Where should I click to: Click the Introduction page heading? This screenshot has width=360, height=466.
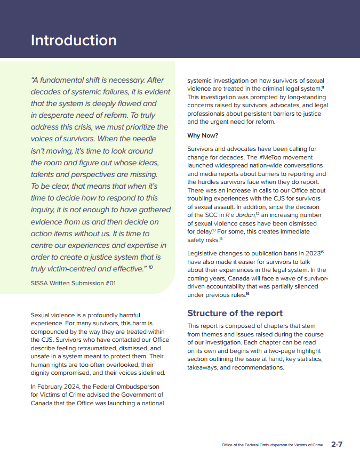pyautogui.click(x=74, y=41)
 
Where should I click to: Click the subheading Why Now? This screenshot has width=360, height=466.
pyautogui.click(x=203, y=135)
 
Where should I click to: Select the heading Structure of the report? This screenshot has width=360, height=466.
pyautogui.click(x=235, y=313)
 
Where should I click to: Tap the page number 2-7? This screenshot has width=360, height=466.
pyautogui.click(x=337, y=444)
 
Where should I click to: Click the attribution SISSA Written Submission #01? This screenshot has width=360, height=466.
pyautogui.click(x=73, y=283)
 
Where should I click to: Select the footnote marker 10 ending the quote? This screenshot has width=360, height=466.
pyautogui.click(x=150, y=267)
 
